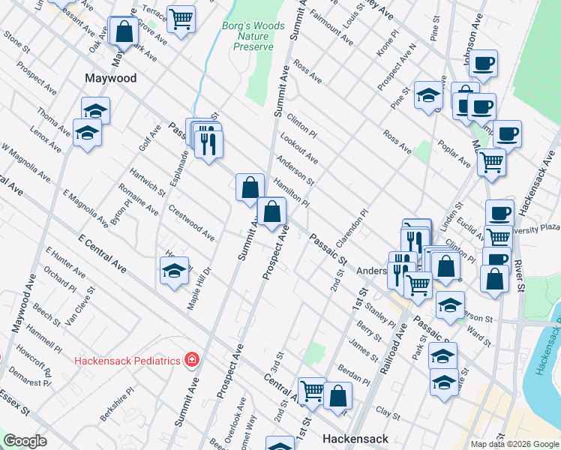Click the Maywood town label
pyautogui.click(x=110, y=78)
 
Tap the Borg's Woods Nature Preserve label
pyautogui.click(x=253, y=36)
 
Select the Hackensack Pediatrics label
pyautogui.click(x=127, y=361)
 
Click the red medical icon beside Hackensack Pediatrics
pyautogui.click(x=193, y=360)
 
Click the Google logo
pyautogui.click(x=25, y=442)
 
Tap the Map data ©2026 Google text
pyautogui.click(x=514, y=444)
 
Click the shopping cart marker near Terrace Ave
pyautogui.click(x=180, y=18)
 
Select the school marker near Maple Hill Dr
pyautogui.click(x=174, y=270)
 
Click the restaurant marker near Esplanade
pyautogui.click(x=208, y=142)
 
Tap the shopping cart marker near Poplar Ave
pyautogui.click(x=491, y=160)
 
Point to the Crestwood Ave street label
pyautogui.click(x=191, y=223)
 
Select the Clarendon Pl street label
pyautogui.click(x=349, y=226)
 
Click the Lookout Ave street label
pyautogui.click(x=298, y=148)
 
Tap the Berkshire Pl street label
pyautogui.click(x=118, y=403)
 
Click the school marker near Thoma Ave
pyautogui.click(x=87, y=133)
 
